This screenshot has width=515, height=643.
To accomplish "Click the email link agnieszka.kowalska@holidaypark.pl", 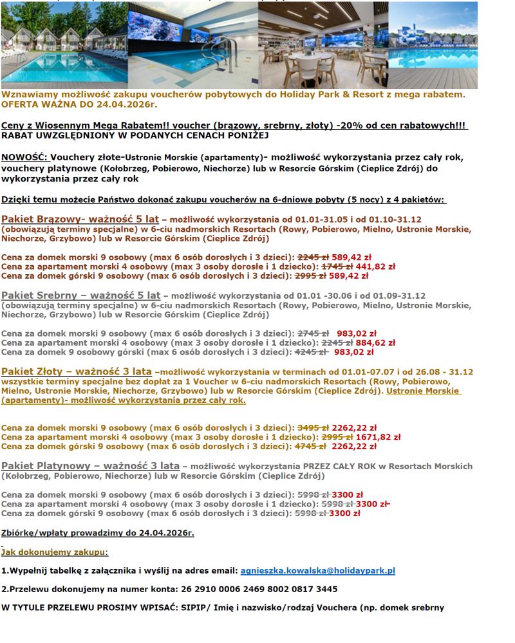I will [317, 570].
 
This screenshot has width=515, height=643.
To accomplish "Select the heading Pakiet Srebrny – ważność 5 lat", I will [80, 295].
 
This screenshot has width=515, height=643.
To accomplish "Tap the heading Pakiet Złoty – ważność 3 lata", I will [77, 371].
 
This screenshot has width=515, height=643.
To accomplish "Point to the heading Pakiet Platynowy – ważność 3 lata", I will [90, 465].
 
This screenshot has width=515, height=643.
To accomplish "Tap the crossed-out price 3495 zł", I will [313, 427].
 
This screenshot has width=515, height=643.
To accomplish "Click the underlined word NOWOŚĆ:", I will [24, 157].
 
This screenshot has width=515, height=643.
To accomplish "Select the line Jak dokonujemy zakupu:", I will [55, 552].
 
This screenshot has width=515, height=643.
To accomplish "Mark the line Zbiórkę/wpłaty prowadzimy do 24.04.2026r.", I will [98, 533].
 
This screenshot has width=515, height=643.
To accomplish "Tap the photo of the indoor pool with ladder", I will [192, 45].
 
